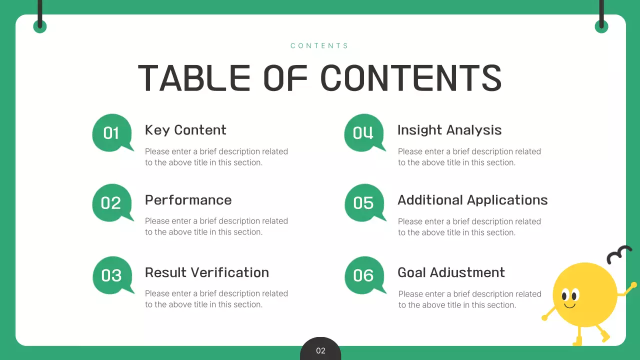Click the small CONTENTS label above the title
(319, 45)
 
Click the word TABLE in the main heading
(194, 78)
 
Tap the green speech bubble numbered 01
(111, 132)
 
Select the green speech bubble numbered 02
(111, 202)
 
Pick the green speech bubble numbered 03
(112, 275)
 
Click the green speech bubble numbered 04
(363, 132)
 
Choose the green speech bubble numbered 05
(364, 202)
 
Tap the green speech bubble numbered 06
(364, 275)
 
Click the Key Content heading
(185, 130)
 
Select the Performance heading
(188, 200)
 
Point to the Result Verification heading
(206, 272)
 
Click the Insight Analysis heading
(449, 130)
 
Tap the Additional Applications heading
(472, 200)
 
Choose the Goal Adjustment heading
(451, 272)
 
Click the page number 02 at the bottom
(320, 350)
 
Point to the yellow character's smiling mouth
(569, 305)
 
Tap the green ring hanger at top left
(40, 26)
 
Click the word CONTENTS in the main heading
(410, 78)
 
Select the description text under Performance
(216, 226)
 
